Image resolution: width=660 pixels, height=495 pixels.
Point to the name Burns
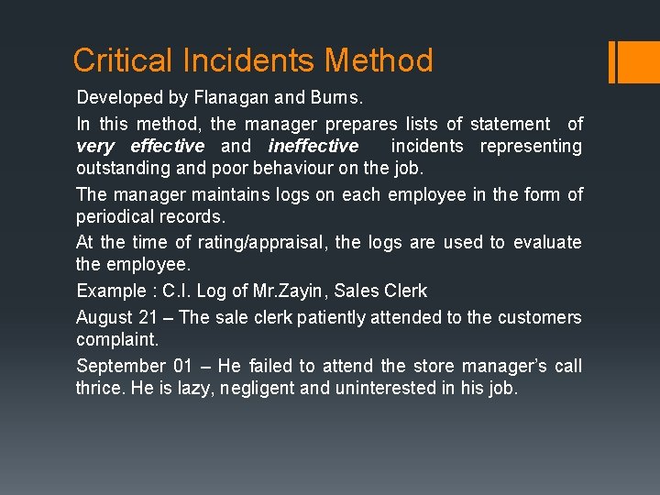343,96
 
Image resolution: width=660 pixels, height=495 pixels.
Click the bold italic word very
95,146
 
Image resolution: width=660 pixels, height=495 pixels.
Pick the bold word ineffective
313,146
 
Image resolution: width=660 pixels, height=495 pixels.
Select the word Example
111,291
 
